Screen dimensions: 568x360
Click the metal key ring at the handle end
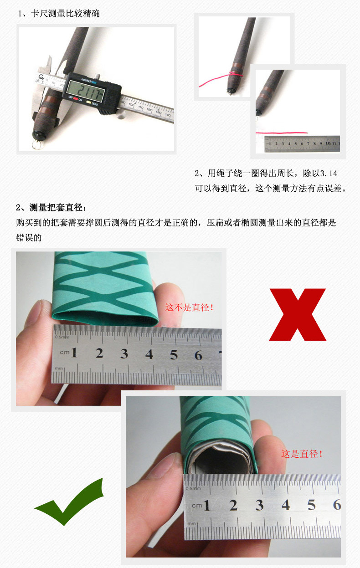(x=38, y=145)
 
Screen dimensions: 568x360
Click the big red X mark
(x=298, y=314)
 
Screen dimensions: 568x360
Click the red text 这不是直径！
(x=189, y=308)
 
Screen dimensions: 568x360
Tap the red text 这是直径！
(x=302, y=454)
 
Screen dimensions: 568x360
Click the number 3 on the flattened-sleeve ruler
(x=124, y=354)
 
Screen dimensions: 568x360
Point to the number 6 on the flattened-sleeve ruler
(x=198, y=355)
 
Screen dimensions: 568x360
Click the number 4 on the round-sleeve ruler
(x=286, y=505)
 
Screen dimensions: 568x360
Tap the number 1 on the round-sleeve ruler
(x=207, y=505)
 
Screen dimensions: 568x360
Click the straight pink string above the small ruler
(x=283, y=133)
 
